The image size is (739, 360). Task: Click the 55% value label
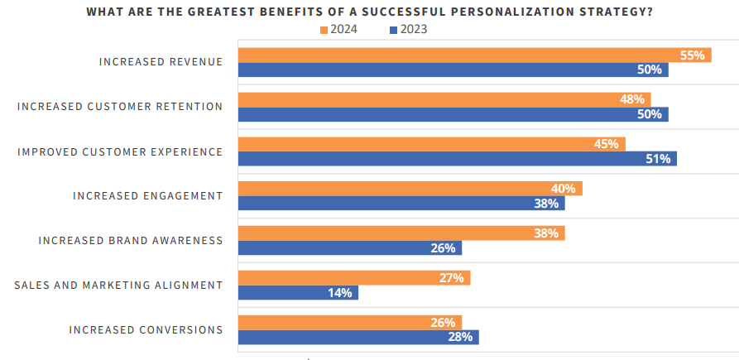click(692, 55)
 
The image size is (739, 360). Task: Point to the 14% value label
click(339, 293)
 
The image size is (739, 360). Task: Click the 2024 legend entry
click(338, 30)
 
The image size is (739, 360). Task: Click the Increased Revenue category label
click(161, 62)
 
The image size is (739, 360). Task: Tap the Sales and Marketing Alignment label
click(118, 286)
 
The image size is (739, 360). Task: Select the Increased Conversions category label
click(146, 330)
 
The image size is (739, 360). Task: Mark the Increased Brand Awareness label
click(131, 241)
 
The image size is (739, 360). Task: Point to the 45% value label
click(607, 144)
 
